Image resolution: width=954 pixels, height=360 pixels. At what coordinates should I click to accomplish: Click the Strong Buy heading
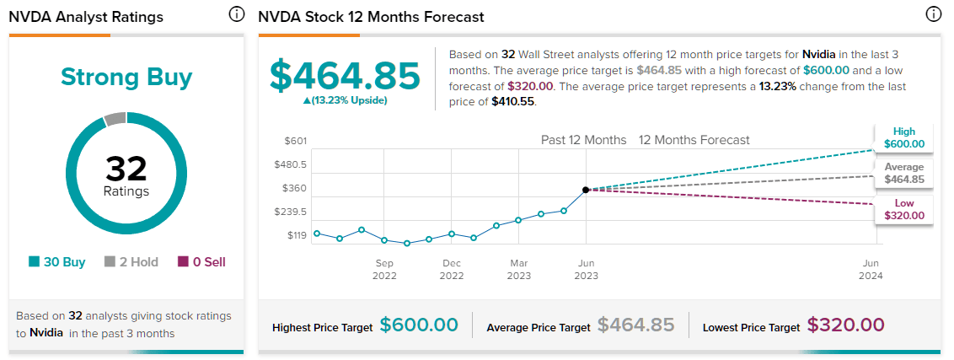click(x=126, y=78)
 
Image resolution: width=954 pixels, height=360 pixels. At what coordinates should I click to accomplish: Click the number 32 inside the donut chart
click(x=126, y=169)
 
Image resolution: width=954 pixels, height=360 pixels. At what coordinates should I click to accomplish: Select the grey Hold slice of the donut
click(x=115, y=119)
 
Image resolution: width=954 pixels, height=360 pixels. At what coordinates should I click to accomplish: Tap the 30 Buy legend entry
click(x=56, y=262)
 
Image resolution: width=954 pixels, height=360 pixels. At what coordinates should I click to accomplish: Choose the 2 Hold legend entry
click(x=131, y=262)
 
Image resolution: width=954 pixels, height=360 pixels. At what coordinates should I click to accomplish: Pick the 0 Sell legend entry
click(x=201, y=262)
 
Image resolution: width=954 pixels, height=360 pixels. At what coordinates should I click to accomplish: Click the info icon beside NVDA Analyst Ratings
click(x=237, y=14)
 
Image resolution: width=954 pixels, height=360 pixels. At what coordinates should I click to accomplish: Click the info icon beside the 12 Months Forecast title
click(x=933, y=14)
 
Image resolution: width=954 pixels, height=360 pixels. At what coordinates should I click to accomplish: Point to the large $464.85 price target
click(x=344, y=76)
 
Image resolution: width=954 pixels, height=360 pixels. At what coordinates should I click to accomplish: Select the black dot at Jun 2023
click(x=586, y=190)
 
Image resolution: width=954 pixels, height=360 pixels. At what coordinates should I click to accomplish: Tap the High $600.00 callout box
click(x=903, y=137)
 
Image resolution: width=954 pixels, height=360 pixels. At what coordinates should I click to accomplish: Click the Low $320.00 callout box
click(x=903, y=209)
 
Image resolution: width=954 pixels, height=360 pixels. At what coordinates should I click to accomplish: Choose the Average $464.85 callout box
click(x=903, y=173)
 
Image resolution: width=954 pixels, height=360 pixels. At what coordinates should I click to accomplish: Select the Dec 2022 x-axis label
click(x=452, y=269)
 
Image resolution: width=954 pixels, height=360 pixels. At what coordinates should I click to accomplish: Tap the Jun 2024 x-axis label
click(x=871, y=269)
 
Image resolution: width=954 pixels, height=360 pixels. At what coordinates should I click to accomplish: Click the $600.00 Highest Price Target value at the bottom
click(x=419, y=325)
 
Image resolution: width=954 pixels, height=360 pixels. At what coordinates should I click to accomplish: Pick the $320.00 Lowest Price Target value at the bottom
click(x=845, y=325)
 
